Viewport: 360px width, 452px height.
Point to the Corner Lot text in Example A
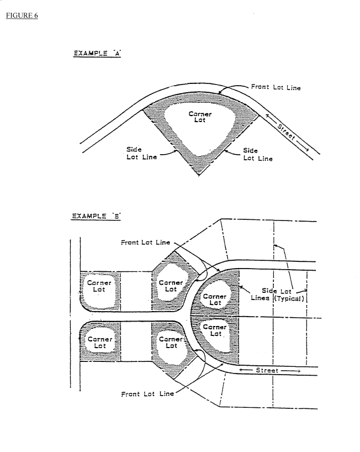[199, 118]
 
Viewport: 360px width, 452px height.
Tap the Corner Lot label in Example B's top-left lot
[100, 286]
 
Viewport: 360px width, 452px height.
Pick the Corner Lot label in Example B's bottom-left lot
[100, 343]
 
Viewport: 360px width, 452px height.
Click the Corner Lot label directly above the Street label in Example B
[215, 330]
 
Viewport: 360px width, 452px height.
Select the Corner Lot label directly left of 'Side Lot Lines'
[215, 299]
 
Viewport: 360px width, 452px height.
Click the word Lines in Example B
[258, 298]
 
